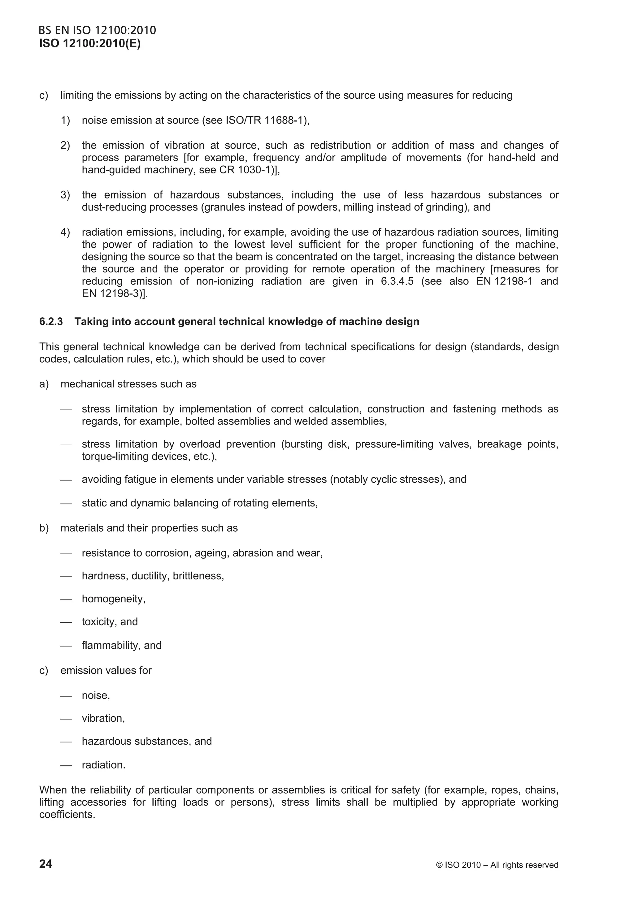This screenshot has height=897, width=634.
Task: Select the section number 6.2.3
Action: pyautogui.click(x=51, y=321)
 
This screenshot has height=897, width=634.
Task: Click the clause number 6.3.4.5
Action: pyautogui.click(x=397, y=281)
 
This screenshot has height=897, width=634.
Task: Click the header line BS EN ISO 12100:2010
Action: pyautogui.click(x=97, y=30)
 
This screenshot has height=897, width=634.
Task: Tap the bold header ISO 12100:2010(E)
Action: pyautogui.click(x=90, y=43)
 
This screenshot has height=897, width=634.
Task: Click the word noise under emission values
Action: pyautogui.click(x=95, y=696)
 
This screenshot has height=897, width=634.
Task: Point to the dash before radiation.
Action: pyautogui.click(x=66, y=765)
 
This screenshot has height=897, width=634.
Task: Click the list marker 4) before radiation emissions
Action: pyautogui.click(x=65, y=232)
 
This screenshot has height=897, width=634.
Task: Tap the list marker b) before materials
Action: pyautogui.click(x=44, y=528)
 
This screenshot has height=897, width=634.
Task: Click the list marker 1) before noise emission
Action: pyautogui.click(x=65, y=120)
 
